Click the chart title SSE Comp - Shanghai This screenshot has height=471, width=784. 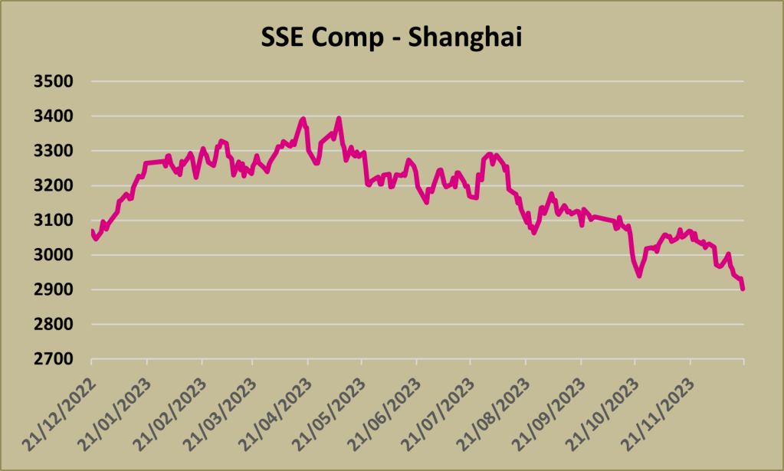coord(392,38)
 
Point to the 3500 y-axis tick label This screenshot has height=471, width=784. coord(53,81)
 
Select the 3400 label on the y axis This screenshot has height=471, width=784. coord(53,116)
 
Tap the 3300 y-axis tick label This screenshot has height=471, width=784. coord(53,151)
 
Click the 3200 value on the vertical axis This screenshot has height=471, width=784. coord(53,186)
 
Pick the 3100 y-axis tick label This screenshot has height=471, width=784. coord(53,221)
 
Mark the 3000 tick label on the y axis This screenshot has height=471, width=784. coord(53,255)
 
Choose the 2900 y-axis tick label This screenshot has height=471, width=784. coord(53,290)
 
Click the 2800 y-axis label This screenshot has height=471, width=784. coord(53,325)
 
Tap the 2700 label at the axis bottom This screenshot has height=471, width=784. coord(53,359)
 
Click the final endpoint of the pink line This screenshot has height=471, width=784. coord(743,289)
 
